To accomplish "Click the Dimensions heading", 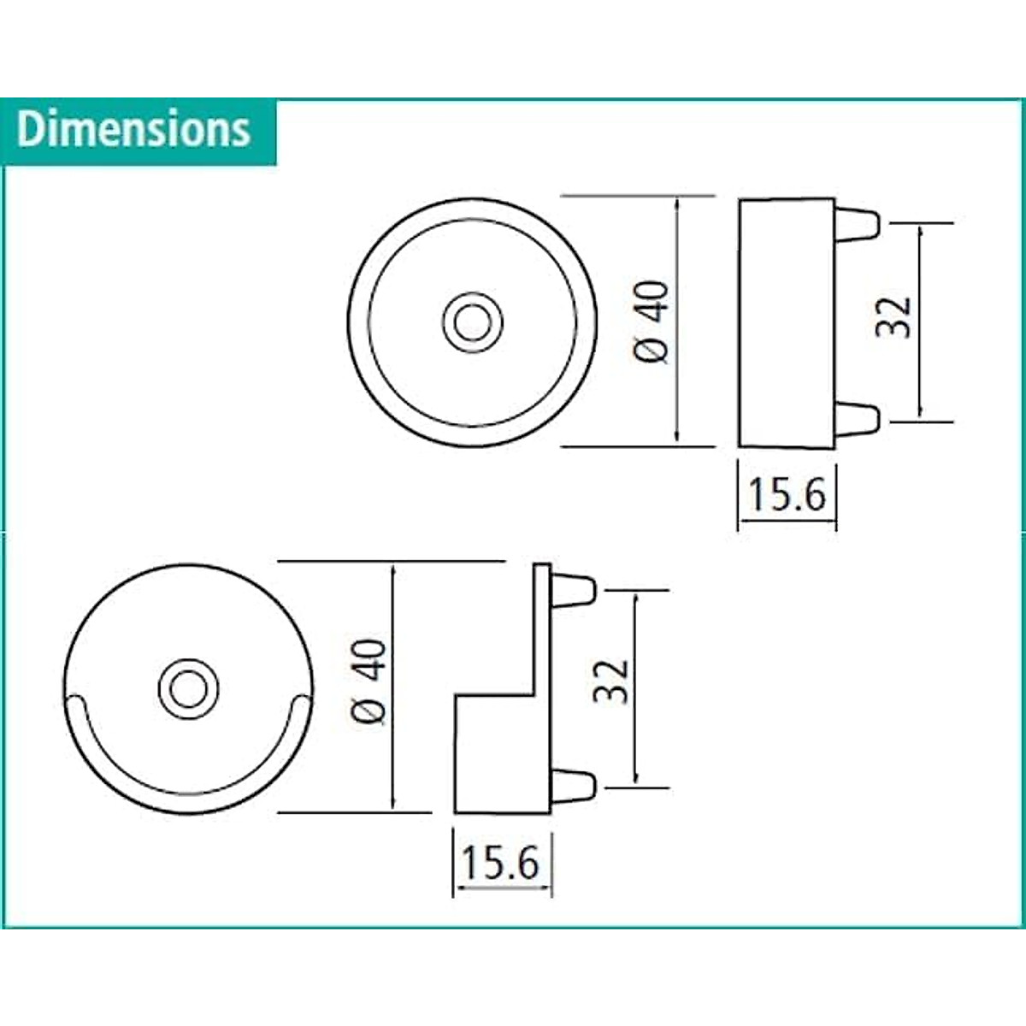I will pyautogui.click(x=134, y=130).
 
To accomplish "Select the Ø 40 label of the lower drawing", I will pyautogui.click(x=369, y=681).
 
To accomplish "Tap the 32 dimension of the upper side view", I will pyautogui.click(x=895, y=318).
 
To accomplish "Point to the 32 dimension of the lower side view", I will pyautogui.click(x=612, y=681).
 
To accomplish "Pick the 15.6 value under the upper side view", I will pyautogui.click(x=787, y=494).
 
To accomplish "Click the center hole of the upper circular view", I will pyautogui.click(x=473, y=323).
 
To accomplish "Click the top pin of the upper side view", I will pyautogui.click(x=857, y=223).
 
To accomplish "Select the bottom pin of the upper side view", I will pyautogui.click(x=857, y=419).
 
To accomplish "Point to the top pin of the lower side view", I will pyautogui.click(x=573, y=589).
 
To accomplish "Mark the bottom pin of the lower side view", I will pyautogui.click(x=573, y=783).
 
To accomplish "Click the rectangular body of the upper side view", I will pyautogui.click(x=786, y=322).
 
